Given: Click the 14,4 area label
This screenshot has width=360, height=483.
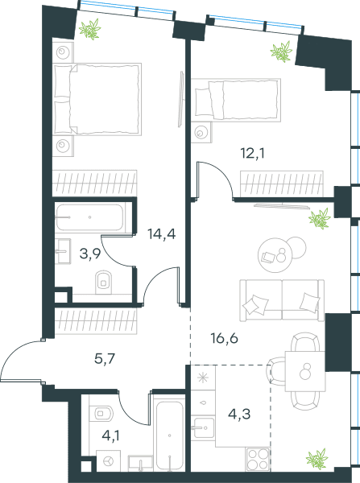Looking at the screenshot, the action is (162, 234).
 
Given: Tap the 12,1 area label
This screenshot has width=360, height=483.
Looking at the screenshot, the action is (252, 153).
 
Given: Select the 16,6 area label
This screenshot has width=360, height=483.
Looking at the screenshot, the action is (225, 339).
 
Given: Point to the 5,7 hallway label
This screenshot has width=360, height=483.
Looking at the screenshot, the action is (105, 359).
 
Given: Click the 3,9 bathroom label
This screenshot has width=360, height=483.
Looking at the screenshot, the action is (90, 254).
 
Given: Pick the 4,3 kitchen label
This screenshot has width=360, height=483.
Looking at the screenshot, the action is (239, 415).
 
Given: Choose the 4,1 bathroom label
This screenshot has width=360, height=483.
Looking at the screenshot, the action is (110, 436).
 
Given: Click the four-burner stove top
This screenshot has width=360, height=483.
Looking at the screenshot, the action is (258, 459).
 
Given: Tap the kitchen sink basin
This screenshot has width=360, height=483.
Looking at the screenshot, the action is (203, 428).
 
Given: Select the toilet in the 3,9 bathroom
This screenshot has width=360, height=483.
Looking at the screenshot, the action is (103, 282).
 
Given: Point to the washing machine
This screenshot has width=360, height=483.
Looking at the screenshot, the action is (108, 460).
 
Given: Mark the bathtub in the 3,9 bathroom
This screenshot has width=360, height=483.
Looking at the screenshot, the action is (89, 217).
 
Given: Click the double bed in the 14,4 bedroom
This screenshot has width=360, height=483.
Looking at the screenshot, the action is (97, 99).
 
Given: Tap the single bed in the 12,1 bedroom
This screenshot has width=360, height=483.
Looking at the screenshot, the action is (236, 100).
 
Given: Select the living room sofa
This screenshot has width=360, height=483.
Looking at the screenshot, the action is (282, 300).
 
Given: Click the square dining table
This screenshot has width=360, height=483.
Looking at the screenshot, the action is (305, 371).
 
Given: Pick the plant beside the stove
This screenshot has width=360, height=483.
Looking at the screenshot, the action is (317, 459).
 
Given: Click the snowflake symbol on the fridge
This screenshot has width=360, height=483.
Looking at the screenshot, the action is (203, 378).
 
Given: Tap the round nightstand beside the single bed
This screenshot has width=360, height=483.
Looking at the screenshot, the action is (201, 133).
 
